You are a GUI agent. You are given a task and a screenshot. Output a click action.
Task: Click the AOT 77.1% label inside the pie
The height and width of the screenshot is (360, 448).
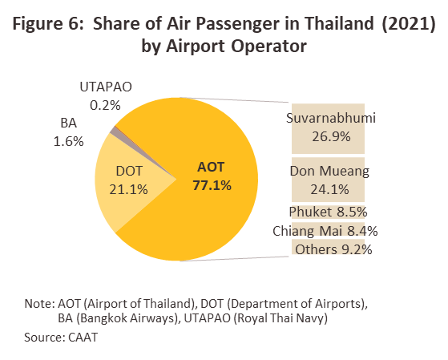(x=212, y=176)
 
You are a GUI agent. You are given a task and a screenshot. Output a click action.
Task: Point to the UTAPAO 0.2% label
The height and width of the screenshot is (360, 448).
(x=106, y=96)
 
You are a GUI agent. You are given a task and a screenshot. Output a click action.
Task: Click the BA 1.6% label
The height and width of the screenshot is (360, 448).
(x=69, y=132)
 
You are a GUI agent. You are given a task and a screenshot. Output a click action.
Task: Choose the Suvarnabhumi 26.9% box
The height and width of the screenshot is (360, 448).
(x=328, y=128)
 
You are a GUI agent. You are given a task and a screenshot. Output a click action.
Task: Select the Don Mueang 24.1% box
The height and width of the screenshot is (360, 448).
(x=328, y=180)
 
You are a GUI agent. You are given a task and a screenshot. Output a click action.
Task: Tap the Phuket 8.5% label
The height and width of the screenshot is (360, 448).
(x=328, y=212)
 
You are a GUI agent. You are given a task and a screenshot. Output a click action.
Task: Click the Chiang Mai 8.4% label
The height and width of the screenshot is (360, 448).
(x=325, y=231)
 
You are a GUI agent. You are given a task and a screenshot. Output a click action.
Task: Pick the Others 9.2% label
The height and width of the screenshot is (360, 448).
(x=333, y=249)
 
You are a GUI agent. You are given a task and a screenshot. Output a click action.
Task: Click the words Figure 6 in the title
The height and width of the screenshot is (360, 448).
(x=47, y=24)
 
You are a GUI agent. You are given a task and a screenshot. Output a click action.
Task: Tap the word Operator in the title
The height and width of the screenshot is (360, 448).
(x=268, y=47)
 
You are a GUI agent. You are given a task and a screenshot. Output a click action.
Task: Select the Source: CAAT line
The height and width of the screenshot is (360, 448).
(x=61, y=338)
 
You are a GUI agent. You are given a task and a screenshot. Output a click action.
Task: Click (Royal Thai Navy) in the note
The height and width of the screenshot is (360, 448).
(x=281, y=318)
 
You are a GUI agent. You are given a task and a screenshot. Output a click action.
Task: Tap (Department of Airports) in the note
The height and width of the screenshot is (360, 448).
(x=297, y=303)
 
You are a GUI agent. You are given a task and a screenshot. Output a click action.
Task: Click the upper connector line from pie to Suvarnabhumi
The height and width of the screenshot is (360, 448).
(x=234, y=99)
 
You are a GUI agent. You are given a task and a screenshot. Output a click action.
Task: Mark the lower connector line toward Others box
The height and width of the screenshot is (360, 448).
(x=234, y=259)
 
